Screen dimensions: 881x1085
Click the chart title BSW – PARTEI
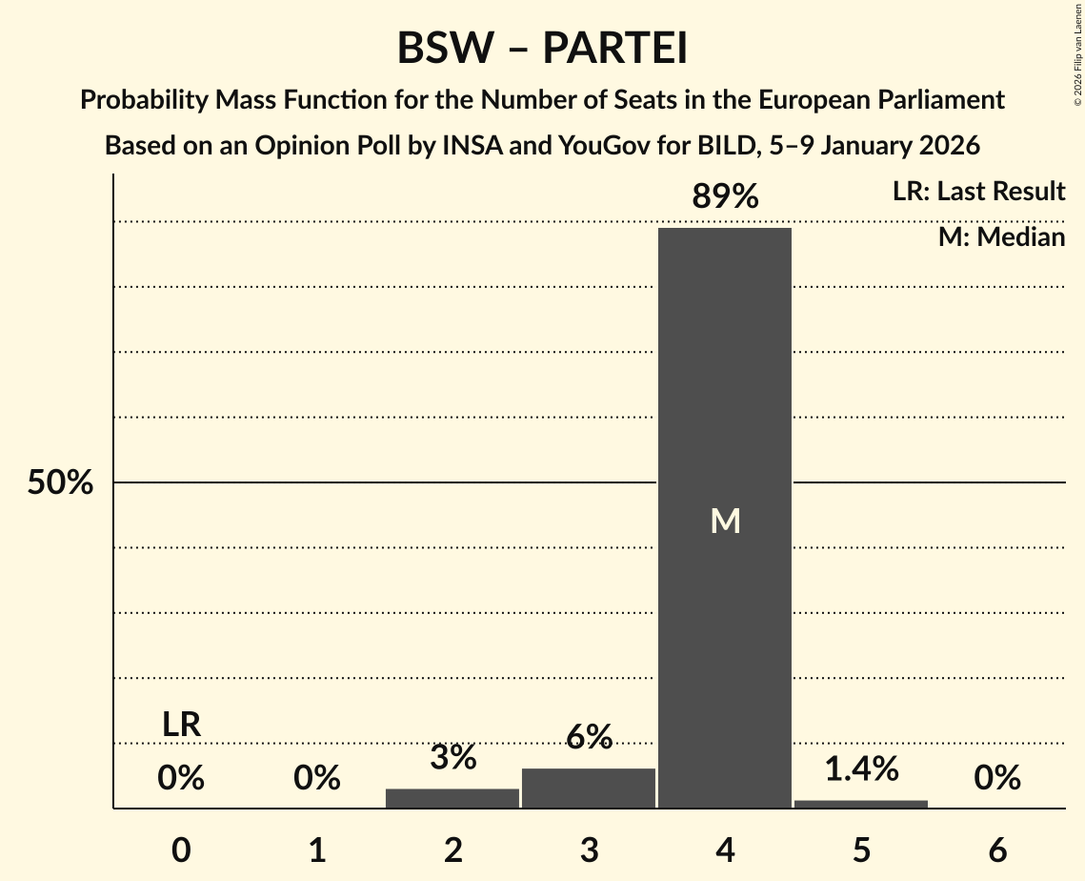pyautogui.click(x=542, y=48)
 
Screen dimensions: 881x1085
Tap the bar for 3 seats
pyautogui.click(x=589, y=788)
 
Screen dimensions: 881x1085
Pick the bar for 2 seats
pyautogui.click(x=452, y=798)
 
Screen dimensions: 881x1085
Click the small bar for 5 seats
pyautogui.click(x=861, y=804)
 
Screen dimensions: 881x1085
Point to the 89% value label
pyautogui.click(x=725, y=197)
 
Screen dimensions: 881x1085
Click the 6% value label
pyautogui.click(x=589, y=737)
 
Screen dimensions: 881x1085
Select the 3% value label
pyautogui.click(x=452, y=758)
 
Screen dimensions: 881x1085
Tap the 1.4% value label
pyautogui.click(x=861, y=768)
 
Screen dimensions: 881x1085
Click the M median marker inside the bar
pyautogui.click(x=725, y=521)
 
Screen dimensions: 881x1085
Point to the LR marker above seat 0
pyautogui.click(x=181, y=725)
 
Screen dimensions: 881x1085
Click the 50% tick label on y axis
pyautogui.click(x=60, y=483)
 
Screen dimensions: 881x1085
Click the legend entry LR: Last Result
pyautogui.click(x=978, y=192)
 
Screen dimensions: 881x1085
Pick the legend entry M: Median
pyautogui.click(x=1001, y=236)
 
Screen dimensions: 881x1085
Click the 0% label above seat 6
pyautogui.click(x=997, y=779)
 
